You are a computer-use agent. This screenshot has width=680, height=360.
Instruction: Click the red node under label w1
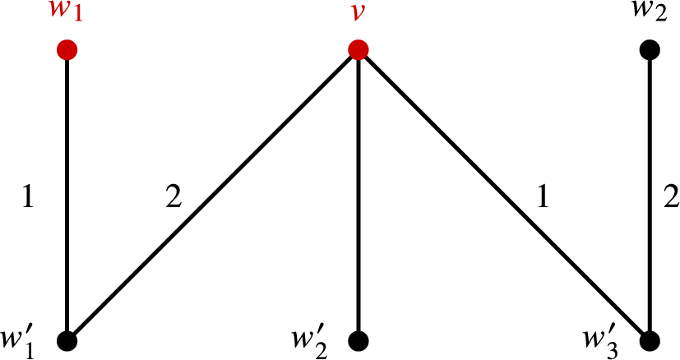pos(67,51)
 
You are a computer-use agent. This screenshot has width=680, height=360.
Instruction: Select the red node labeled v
pos(358,51)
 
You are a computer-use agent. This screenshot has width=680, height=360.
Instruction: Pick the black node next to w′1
pos(67,340)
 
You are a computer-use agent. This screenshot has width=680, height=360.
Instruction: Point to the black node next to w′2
pos(358,340)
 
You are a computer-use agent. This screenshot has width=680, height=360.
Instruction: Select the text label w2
pos(650,16)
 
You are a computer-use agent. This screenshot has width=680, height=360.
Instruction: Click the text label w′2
pos(314,339)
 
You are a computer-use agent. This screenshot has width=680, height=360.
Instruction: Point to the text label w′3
pos(607,339)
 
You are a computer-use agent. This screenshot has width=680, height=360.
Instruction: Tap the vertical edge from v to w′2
pos(358,197)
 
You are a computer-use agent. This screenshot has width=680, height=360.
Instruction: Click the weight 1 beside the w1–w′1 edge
pos(28,198)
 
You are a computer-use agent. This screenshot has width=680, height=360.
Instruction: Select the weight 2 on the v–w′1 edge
pos(173,198)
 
